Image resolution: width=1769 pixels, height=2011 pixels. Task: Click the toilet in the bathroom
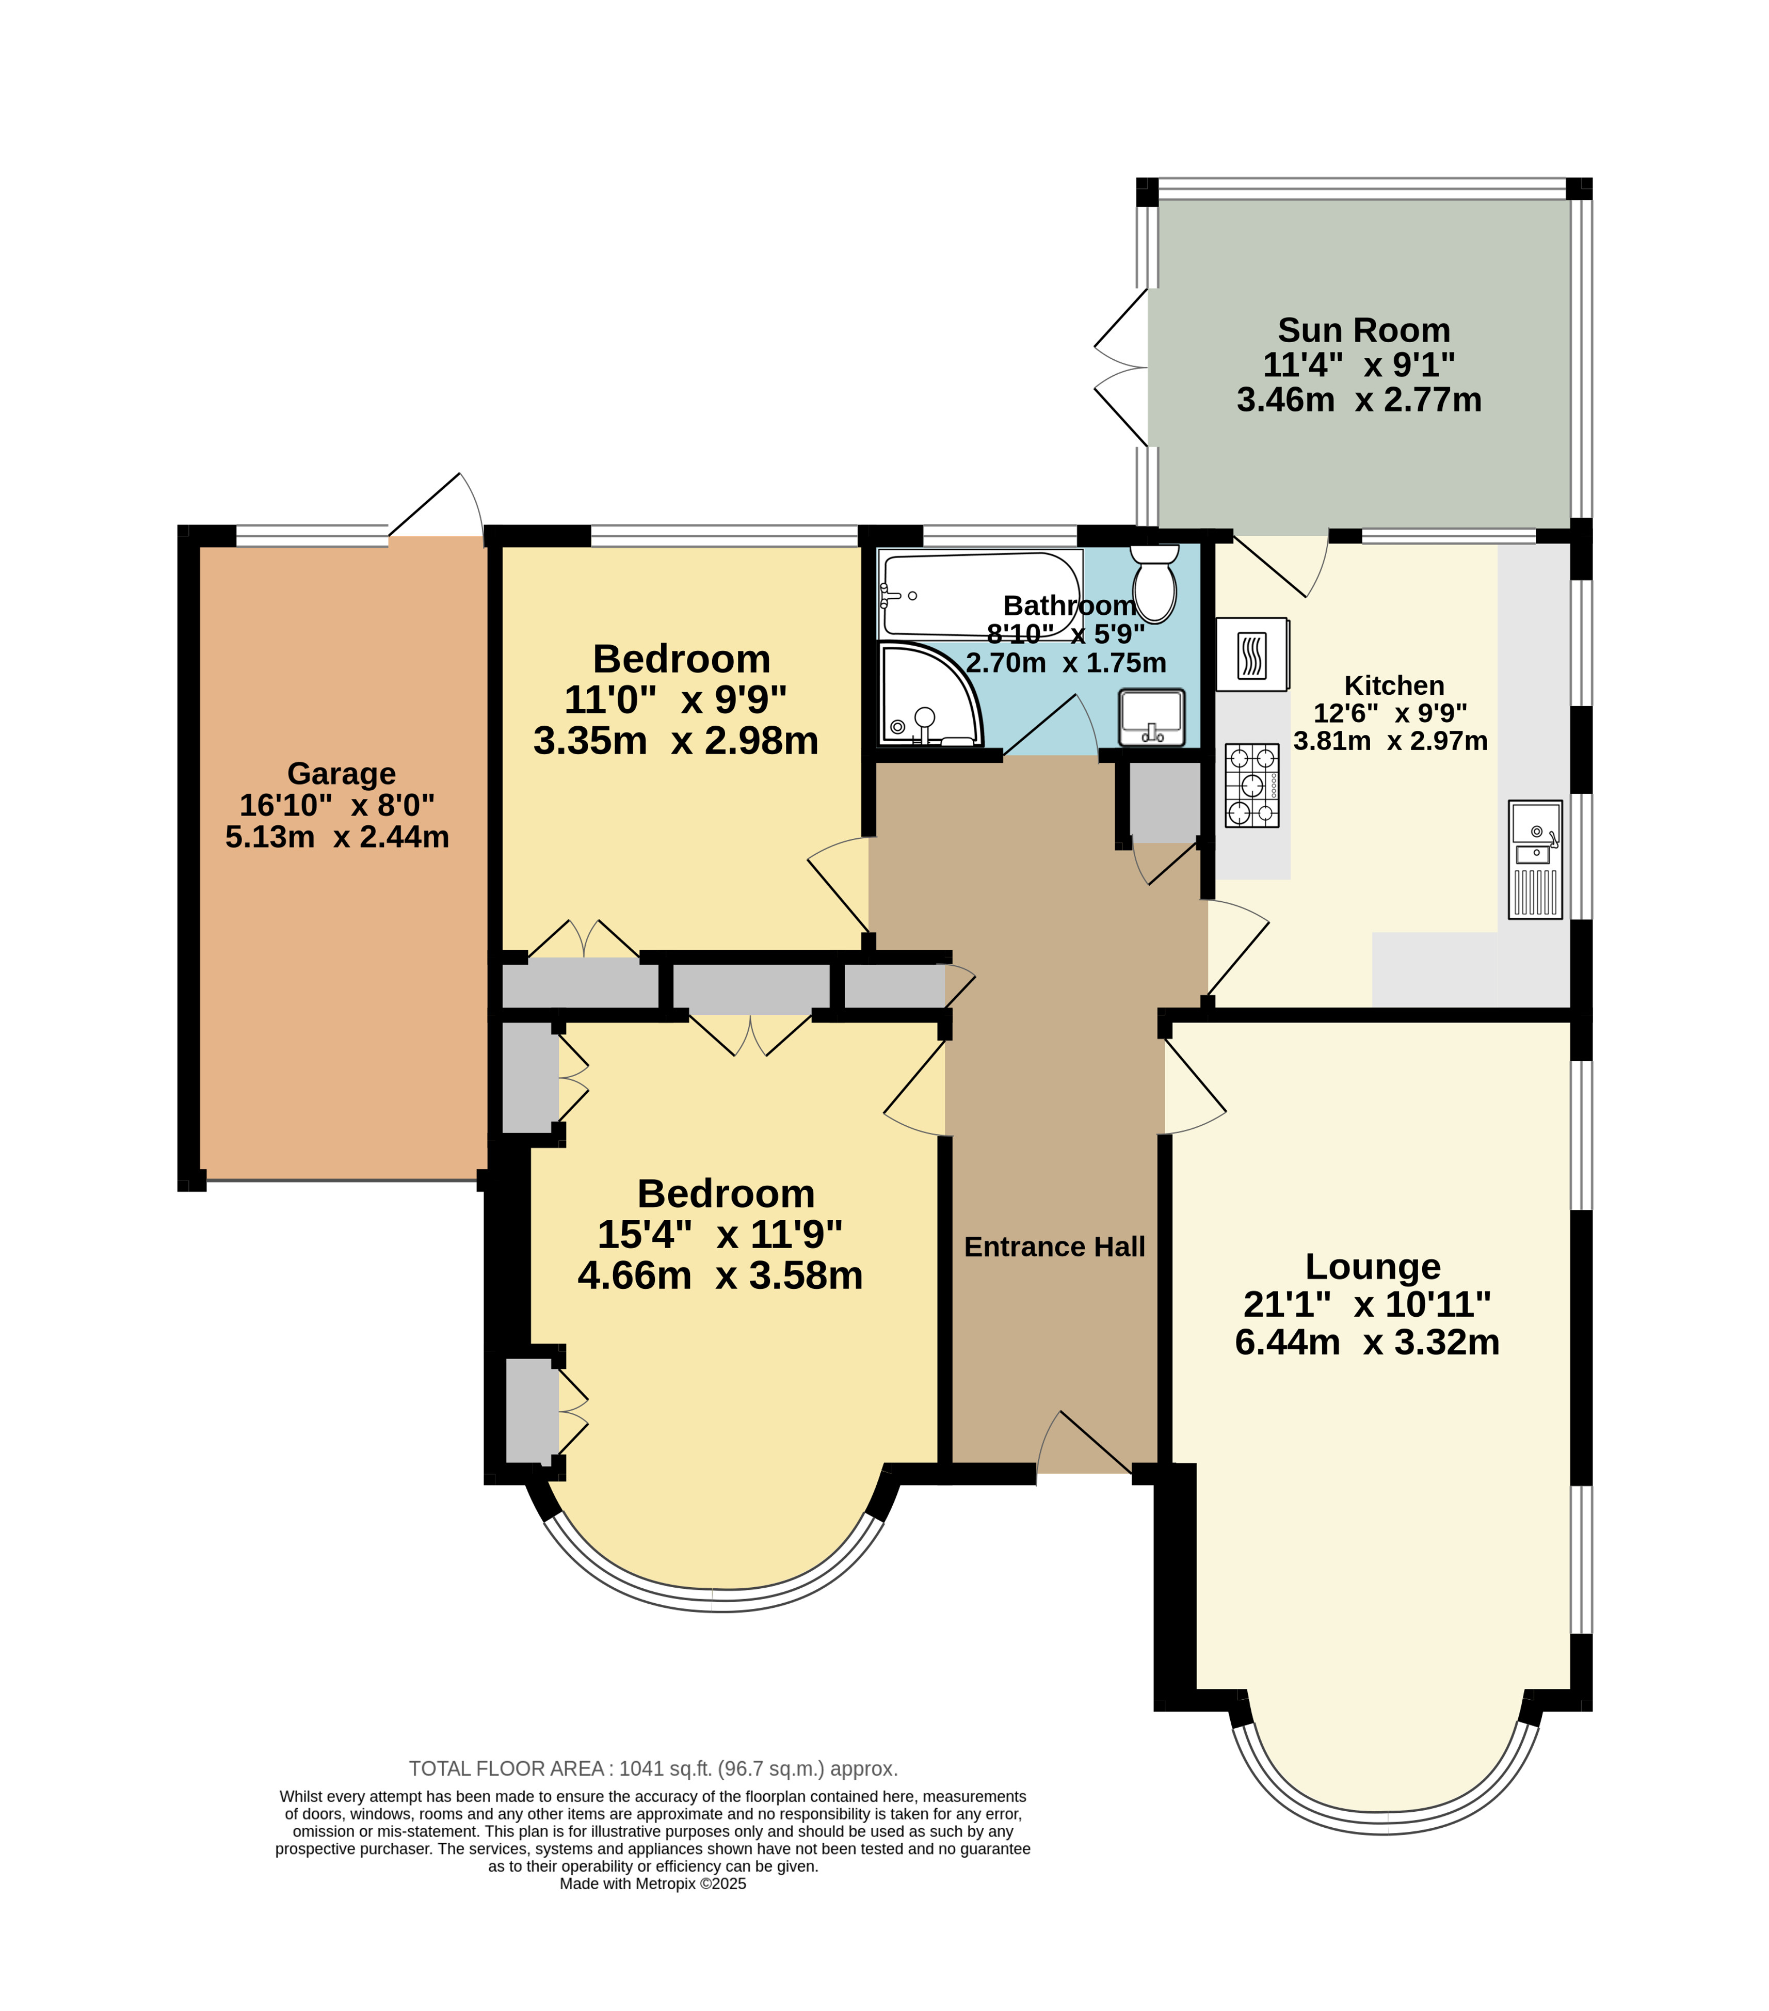coord(1154,582)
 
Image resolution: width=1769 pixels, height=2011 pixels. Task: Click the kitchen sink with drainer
coord(1535,859)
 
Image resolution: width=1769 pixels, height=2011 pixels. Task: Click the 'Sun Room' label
coord(1363,330)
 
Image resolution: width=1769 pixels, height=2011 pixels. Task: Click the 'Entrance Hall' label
coord(1055,1247)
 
